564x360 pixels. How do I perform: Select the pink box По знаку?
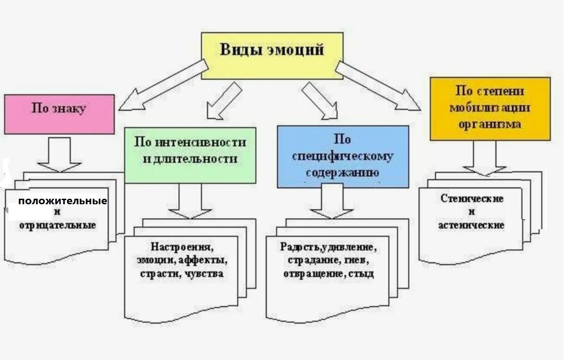pos(59,114)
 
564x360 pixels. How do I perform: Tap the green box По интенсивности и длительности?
pos(190,155)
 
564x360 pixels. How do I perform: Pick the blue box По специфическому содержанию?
pos(343,156)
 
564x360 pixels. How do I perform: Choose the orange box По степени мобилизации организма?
pos(490,109)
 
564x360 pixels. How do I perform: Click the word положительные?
pos(63,201)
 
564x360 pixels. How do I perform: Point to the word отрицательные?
pos(58,225)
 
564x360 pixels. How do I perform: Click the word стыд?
pos(362,274)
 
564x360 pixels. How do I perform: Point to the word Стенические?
pos(472,199)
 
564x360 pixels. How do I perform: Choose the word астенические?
pos(471,225)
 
